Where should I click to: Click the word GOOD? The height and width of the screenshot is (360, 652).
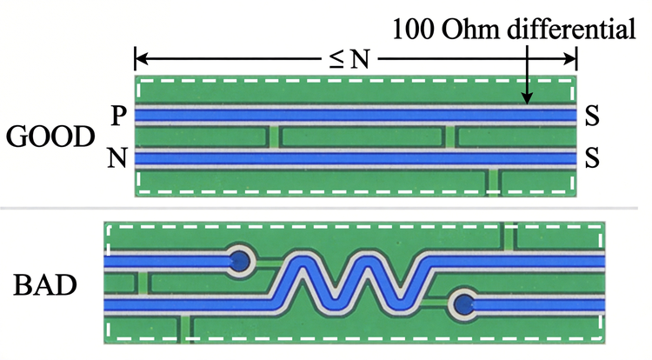pyautogui.click(x=50, y=137)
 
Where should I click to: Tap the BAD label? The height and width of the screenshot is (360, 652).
pyautogui.click(x=45, y=284)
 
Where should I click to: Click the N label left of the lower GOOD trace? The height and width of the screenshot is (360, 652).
pyautogui.click(x=117, y=158)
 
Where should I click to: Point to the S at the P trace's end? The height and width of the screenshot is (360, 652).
pyautogui.click(x=592, y=116)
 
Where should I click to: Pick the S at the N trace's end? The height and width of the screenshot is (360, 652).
pyautogui.click(x=592, y=158)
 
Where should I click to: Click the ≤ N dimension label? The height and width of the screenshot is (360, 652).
pyautogui.click(x=349, y=59)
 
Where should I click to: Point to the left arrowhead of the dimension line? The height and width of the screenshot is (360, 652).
pyautogui.click(x=142, y=59)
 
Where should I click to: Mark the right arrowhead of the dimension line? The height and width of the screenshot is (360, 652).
pyautogui.click(x=569, y=59)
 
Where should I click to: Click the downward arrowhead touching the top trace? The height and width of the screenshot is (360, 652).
pyautogui.click(x=527, y=98)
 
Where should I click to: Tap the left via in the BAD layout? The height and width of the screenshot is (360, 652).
pyautogui.click(x=240, y=262)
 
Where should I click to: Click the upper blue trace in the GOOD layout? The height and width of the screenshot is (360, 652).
pyautogui.click(x=356, y=115)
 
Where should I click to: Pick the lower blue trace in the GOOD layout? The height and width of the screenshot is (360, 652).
pyautogui.click(x=356, y=158)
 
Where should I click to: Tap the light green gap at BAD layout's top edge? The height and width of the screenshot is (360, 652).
pyautogui.click(x=509, y=237)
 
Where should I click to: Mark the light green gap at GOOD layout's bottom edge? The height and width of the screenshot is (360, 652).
pyautogui.click(x=493, y=182)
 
